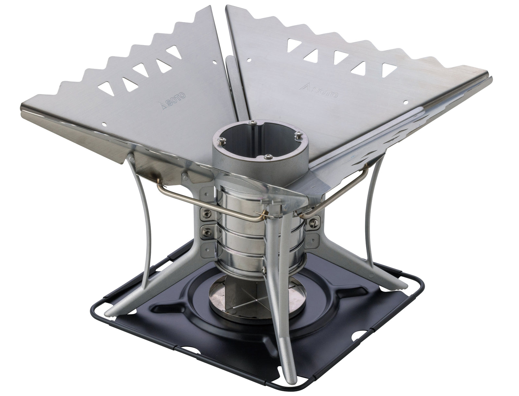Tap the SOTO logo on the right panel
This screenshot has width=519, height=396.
319,91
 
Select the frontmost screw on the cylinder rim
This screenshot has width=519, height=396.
268,156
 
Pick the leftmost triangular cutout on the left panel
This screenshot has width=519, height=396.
106,89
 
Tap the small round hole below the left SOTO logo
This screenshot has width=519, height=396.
104,124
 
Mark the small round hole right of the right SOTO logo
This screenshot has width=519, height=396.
406,103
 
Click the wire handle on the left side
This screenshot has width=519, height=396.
211,204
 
